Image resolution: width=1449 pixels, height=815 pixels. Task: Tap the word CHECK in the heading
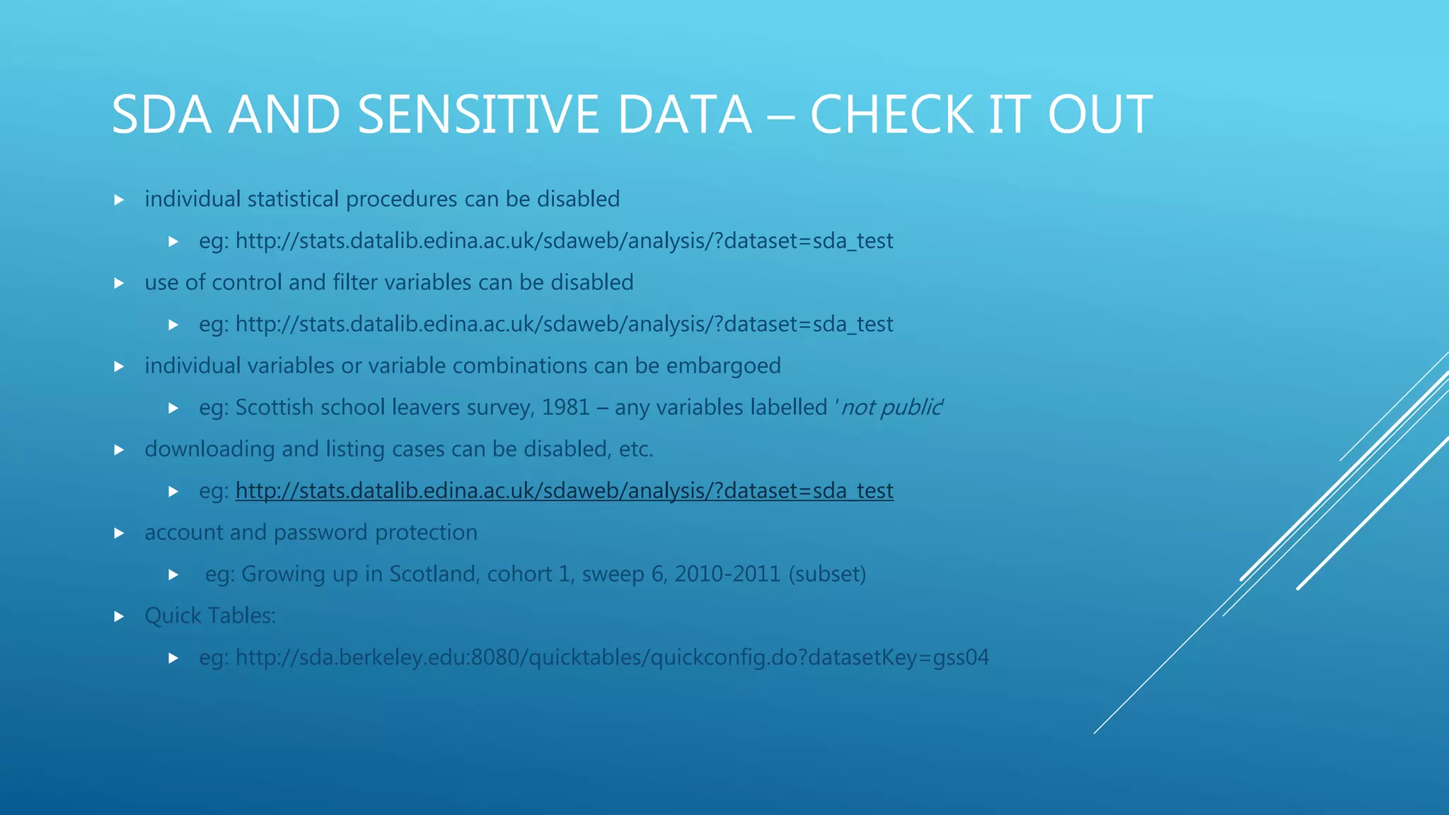891,115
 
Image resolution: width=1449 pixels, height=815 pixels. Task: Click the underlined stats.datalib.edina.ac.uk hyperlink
564,490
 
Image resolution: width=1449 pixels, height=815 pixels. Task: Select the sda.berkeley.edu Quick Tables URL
612,657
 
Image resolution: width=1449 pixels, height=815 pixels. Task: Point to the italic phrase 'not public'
891,407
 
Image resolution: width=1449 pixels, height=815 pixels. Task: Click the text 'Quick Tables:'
210,615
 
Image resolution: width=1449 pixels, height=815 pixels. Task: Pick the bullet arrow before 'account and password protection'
119,533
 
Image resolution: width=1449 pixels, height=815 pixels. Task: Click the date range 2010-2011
727,574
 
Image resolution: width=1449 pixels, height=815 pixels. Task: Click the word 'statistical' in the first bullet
293,200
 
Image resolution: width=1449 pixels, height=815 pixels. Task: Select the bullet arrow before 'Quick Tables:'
119,616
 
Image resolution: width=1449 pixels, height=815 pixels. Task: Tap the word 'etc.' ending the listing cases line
635,449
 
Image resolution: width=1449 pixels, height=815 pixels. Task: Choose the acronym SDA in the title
161,115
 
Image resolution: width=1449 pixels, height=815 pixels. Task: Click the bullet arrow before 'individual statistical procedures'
119,200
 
